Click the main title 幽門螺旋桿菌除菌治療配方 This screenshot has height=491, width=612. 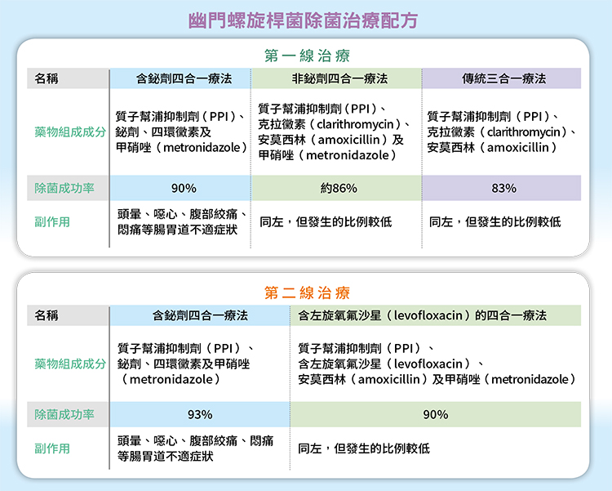(x=303, y=20)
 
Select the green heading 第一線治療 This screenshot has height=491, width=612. (x=307, y=56)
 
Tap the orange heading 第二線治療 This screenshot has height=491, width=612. (x=307, y=292)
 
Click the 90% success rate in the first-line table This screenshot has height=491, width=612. (x=184, y=189)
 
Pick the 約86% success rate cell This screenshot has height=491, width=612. (x=339, y=189)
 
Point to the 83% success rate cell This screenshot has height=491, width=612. (x=504, y=189)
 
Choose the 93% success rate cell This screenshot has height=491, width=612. (x=200, y=414)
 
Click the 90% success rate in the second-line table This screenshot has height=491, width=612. (x=436, y=414)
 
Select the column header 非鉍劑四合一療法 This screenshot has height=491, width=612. (x=339, y=78)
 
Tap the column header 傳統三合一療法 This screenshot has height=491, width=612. (x=504, y=78)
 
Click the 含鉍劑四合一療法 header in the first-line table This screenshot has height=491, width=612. (x=184, y=78)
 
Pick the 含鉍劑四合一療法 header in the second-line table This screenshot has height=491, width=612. (x=200, y=315)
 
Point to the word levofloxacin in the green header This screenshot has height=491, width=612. (x=428, y=315)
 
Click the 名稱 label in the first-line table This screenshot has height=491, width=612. (x=47, y=78)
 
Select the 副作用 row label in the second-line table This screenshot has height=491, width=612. (x=52, y=449)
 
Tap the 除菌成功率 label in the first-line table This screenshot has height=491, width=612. (x=64, y=189)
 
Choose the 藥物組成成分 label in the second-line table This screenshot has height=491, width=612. (x=70, y=364)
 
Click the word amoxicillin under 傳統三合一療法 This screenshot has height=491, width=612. (x=518, y=147)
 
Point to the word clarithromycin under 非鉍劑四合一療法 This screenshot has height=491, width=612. (x=355, y=124)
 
